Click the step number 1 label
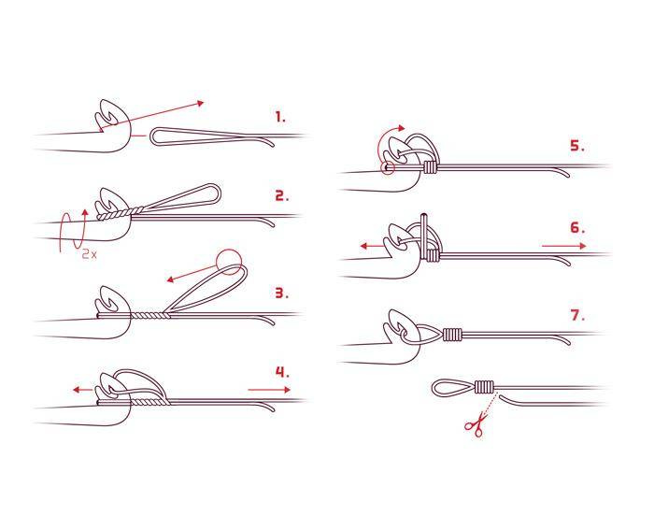[x=280, y=117]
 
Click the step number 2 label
[x=282, y=195]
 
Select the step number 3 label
[x=282, y=293]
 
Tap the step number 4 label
[x=282, y=372]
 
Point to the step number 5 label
[x=577, y=146]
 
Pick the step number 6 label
[x=577, y=228]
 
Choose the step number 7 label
[x=577, y=315]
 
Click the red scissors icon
[x=476, y=424]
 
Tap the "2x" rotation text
[x=90, y=254]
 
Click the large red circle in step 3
[x=229, y=262]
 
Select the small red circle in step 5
[x=388, y=167]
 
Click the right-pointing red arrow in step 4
[x=269, y=390]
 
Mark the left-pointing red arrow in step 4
[x=82, y=390]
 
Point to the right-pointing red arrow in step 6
[x=564, y=246]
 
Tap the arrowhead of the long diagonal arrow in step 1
[x=200, y=103]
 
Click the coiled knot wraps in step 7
[x=453, y=335]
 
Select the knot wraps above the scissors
[x=484, y=387]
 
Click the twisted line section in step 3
[x=150, y=316]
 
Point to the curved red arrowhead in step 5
[x=401, y=128]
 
